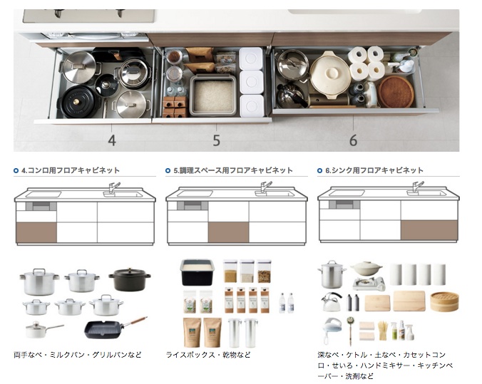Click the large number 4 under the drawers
(112, 140)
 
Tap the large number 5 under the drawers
(217, 140)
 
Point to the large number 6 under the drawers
(353, 140)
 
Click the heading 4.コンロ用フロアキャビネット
(71, 170)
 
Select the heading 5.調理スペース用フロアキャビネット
(233, 170)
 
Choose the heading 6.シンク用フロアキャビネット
(374, 170)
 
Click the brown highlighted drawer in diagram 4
(36, 232)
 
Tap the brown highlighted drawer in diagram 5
(228, 232)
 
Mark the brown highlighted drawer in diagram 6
(429, 230)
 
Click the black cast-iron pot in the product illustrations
(130, 279)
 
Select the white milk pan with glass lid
(43, 329)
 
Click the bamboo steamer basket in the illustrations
(444, 301)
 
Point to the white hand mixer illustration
(332, 330)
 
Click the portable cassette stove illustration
(369, 284)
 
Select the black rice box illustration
(197, 272)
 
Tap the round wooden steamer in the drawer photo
(396, 91)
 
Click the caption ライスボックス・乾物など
(208, 355)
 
